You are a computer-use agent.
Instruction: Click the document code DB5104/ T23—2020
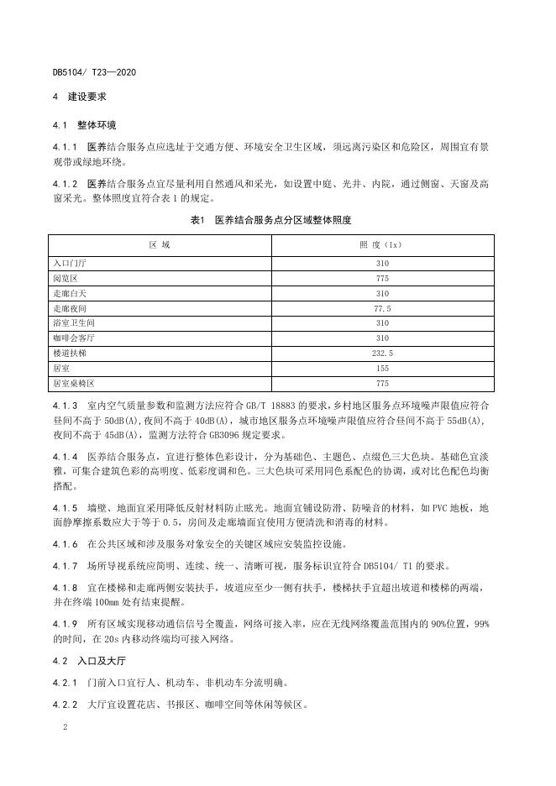[x=94, y=72]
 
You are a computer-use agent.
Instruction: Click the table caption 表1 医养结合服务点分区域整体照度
[x=270, y=220]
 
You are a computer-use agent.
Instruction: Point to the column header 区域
[x=160, y=244]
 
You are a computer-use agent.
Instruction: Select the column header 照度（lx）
[x=382, y=244]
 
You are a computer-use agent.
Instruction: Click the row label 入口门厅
[x=70, y=263]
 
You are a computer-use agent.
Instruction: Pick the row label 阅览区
[x=66, y=278]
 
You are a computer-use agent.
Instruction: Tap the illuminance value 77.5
[x=382, y=308]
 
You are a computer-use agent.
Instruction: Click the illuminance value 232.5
[x=382, y=354]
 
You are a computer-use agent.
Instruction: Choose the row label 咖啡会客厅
[x=74, y=338]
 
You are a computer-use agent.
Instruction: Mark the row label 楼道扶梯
[x=70, y=354]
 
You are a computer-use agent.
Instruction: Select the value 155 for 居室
[x=382, y=369]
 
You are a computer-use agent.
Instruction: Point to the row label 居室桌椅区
[x=74, y=384]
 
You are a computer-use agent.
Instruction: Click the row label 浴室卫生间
[x=74, y=323]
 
